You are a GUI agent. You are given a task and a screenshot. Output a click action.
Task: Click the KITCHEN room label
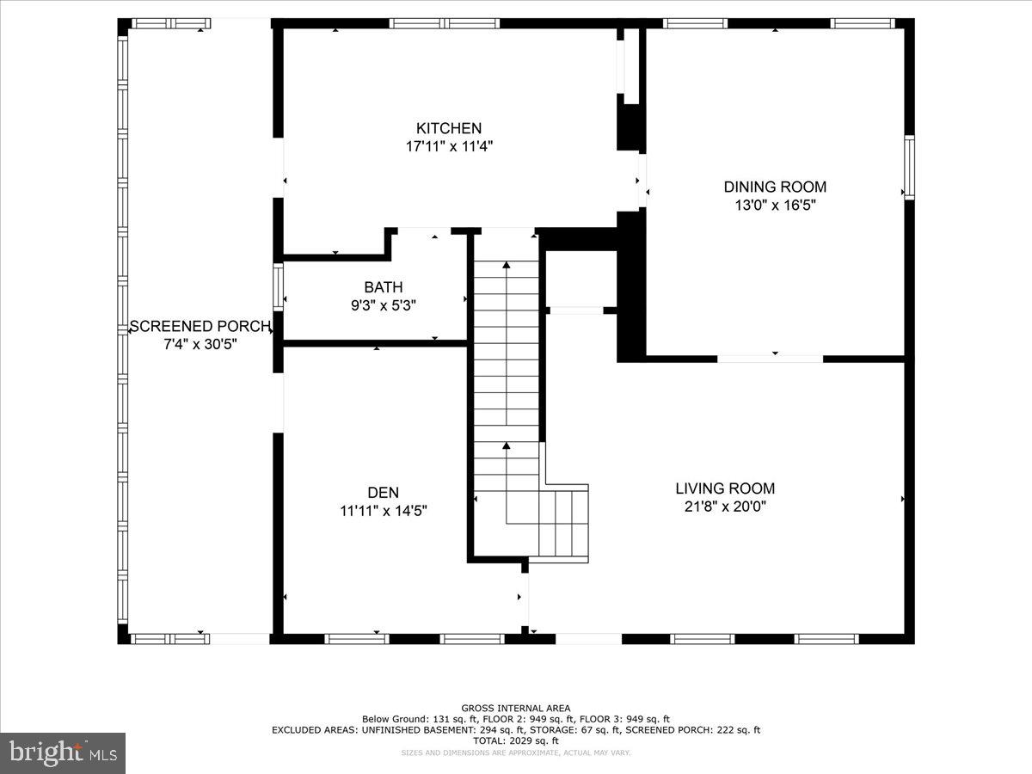[449, 128]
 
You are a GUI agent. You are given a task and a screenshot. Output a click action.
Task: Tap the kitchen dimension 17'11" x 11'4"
[449, 146]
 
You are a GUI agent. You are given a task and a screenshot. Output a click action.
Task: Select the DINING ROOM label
[774, 187]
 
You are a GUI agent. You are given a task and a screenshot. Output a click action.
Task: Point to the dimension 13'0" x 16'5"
[774, 206]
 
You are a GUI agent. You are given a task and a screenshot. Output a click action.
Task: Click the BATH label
[383, 287]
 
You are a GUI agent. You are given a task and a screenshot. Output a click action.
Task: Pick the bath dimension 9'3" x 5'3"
[383, 305]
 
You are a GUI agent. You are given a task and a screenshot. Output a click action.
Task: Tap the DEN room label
[383, 493]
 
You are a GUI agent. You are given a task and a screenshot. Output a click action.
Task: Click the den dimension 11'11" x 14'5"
[383, 511]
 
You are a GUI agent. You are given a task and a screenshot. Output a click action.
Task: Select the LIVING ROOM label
[725, 488]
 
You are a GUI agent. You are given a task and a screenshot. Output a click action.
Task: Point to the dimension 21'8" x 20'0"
[725, 507]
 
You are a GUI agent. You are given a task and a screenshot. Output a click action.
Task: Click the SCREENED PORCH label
[200, 327]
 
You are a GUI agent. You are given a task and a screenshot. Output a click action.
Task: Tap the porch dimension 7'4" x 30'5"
[200, 344]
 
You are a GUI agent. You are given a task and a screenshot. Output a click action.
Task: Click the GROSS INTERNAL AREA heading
[515, 708]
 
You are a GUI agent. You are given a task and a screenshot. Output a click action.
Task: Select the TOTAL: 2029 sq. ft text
[515, 740]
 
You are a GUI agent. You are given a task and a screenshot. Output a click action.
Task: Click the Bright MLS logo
[62, 753]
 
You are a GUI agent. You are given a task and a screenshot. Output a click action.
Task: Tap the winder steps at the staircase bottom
[563, 523]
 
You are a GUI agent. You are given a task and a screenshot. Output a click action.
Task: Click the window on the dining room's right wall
[908, 167]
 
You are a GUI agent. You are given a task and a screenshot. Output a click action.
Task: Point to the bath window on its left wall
[278, 286]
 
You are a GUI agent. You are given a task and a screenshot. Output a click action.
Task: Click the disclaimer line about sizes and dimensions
[515, 752]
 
